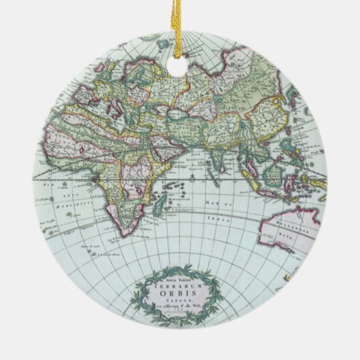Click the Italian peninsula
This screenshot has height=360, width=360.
pyautogui.click(x=119, y=102)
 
